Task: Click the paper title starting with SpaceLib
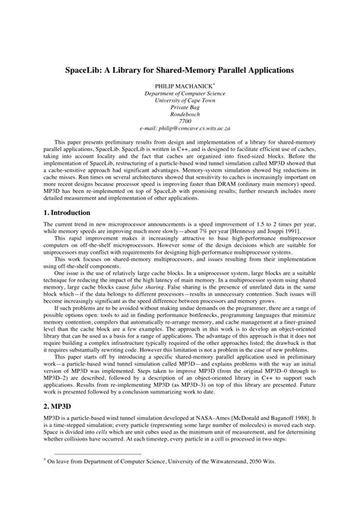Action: pos(179,69)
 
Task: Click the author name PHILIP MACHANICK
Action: pos(178,87)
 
